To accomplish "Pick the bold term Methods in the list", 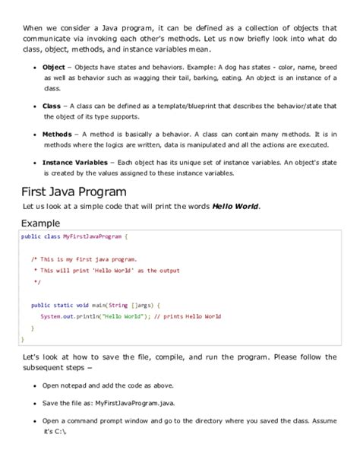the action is [x=57, y=134].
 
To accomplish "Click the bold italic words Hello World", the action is [x=235, y=207].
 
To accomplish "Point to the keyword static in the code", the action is [x=69, y=304].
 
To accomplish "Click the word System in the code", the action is [x=51, y=315].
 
